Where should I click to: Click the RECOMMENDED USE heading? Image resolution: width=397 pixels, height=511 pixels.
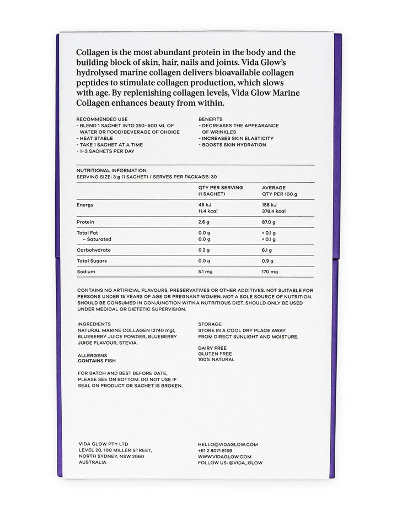(102, 119)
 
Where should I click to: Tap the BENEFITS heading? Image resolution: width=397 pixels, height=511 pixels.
(211, 119)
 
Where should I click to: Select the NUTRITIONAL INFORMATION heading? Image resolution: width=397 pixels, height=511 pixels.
(111, 171)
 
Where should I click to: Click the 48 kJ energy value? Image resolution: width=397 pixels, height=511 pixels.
(205, 205)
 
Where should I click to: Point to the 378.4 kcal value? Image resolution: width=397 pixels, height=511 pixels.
(273, 211)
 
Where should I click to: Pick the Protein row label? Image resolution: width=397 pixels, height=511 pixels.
(85, 222)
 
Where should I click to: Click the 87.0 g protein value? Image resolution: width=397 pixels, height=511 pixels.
(269, 222)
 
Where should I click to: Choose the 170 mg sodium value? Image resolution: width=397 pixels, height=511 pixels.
(270, 271)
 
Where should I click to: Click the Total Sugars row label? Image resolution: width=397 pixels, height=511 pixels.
(92, 260)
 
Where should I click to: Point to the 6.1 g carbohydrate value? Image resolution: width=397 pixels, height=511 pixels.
(267, 249)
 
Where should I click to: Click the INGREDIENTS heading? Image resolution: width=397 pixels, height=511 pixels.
(94, 324)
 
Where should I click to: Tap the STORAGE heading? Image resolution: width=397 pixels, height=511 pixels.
(210, 324)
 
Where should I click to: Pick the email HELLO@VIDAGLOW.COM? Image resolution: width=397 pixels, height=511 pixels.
(228, 444)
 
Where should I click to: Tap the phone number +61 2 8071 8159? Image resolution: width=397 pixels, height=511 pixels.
(215, 450)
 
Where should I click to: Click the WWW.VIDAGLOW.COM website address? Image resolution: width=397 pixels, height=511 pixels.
(224, 456)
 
